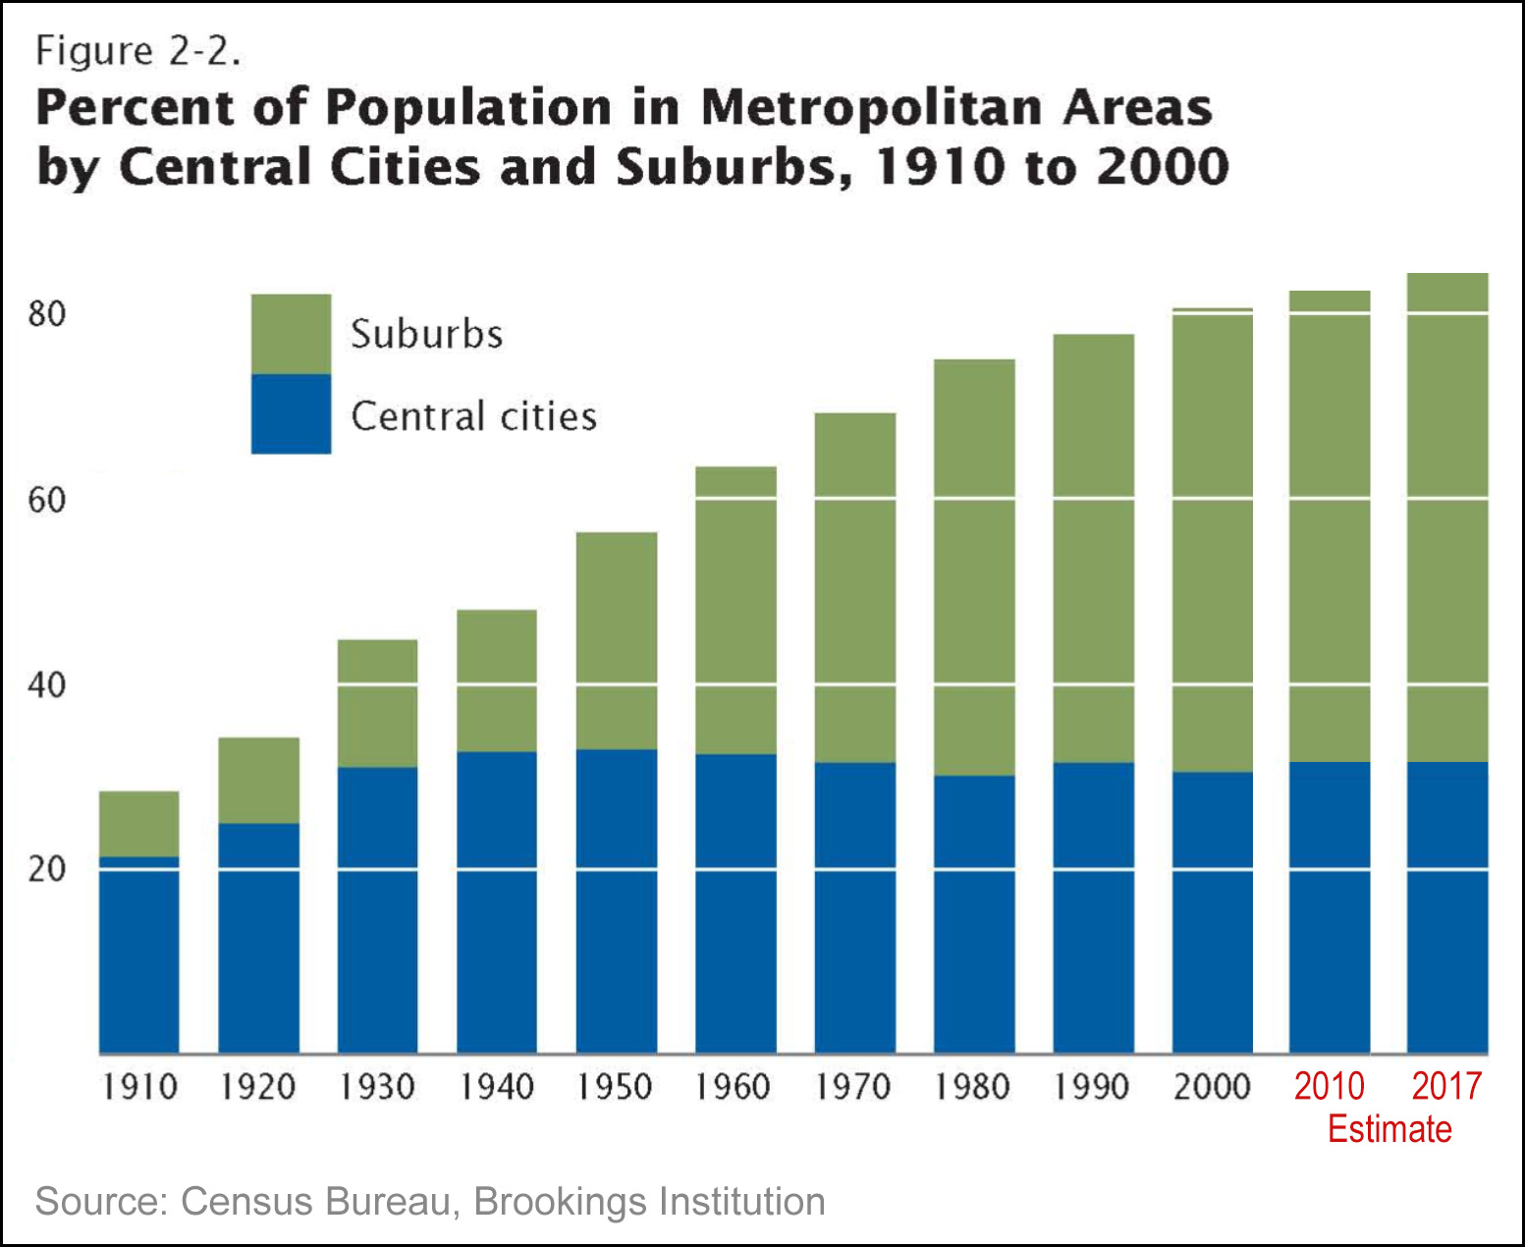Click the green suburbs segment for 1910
click(139, 823)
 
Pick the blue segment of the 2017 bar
click(1447, 907)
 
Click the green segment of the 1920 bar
click(258, 780)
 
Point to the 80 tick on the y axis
click(46, 314)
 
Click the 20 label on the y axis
click(46, 869)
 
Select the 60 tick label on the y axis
click(46, 500)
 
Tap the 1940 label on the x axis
click(497, 1087)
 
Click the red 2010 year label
click(1329, 1086)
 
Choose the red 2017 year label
click(1446, 1086)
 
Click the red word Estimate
click(1389, 1129)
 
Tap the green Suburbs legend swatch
click(291, 334)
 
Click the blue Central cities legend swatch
click(291, 413)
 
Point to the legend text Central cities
click(473, 416)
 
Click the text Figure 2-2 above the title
click(137, 51)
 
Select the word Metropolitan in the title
click(870, 107)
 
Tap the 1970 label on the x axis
click(854, 1087)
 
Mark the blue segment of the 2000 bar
click(1212, 912)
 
